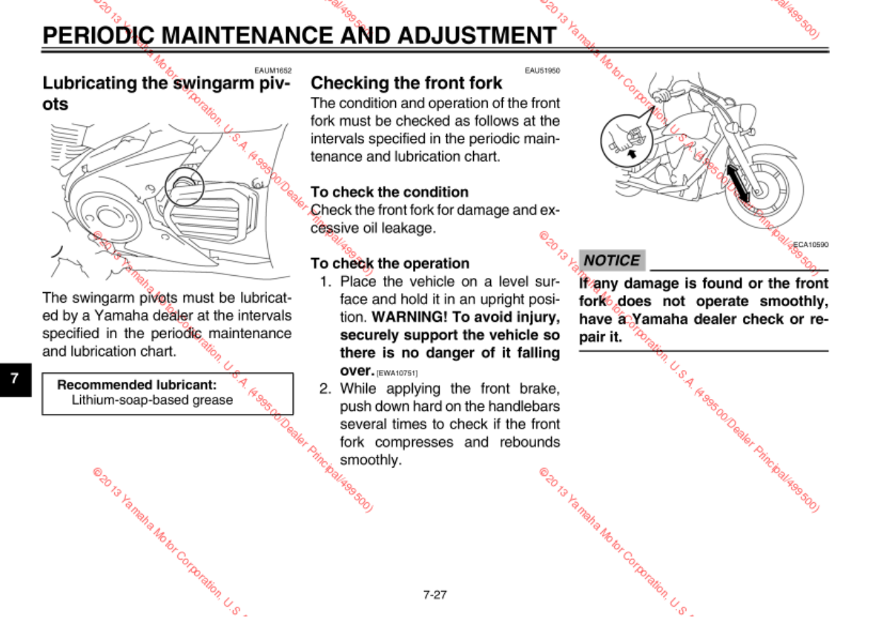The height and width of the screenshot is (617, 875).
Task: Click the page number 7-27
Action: coord(435,594)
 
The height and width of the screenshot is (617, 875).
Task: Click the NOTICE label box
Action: coord(612,260)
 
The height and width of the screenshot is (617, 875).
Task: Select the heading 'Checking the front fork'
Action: coord(406,83)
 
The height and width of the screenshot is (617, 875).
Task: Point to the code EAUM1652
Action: coord(272,70)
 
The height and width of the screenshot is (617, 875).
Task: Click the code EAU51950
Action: coord(542,70)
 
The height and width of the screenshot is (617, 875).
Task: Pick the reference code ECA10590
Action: coord(810,244)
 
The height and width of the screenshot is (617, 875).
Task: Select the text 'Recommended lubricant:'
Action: coord(137,385)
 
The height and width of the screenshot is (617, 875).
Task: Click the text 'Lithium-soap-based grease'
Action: coord(152,400)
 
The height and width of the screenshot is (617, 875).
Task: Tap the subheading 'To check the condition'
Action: coord(389,192)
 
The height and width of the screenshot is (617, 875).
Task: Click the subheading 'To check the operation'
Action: coord(389,263)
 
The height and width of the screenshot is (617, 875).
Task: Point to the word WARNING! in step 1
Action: coord(406,317)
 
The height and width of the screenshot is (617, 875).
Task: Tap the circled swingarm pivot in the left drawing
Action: coord(182,185)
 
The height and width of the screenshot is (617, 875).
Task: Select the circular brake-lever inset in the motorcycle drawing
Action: coord(626,141)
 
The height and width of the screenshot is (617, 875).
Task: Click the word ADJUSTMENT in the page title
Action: coord(476,36)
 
